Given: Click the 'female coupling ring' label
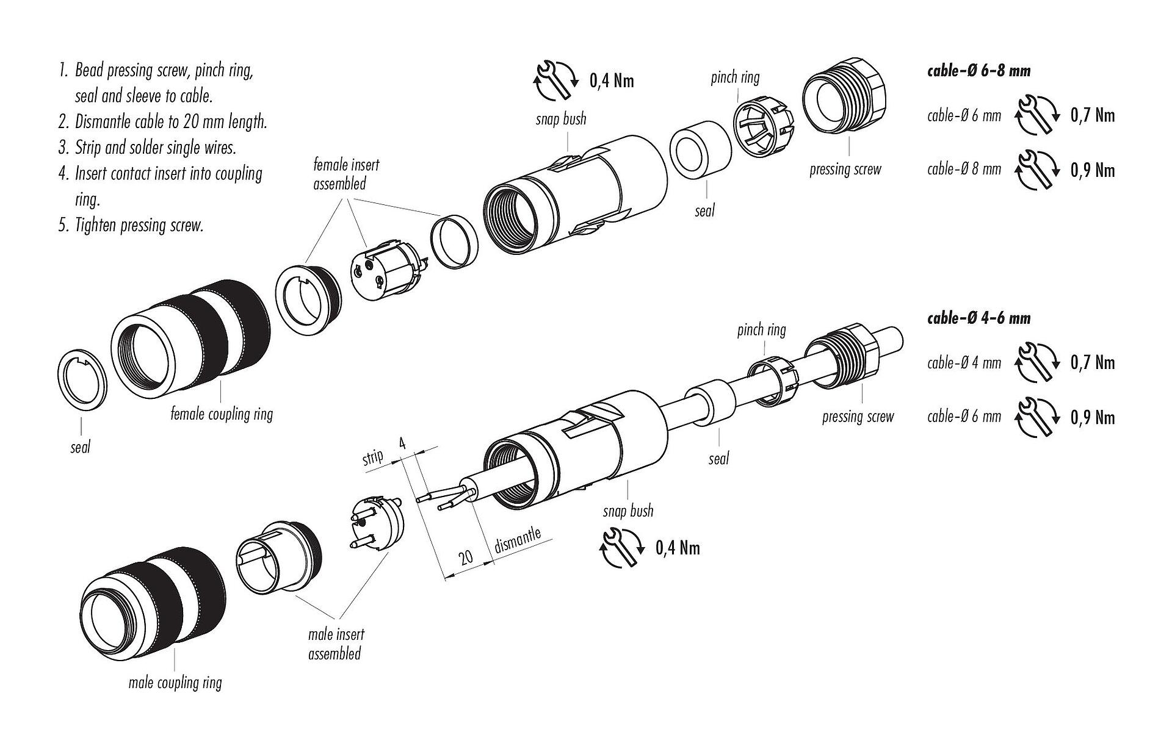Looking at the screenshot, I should click(222, 415).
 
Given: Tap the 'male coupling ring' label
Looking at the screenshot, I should click(175, 683).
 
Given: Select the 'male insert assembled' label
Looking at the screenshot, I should click(335, 644).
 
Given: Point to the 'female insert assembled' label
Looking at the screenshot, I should click(345, 174).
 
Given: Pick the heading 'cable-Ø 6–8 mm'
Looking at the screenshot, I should click(978, 71).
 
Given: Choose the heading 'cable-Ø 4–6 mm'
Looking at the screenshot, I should click(978, 318).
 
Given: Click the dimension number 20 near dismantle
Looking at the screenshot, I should click(466, 557).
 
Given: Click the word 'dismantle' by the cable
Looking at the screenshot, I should click(517, 541).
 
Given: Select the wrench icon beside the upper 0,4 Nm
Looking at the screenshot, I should click(556, 80).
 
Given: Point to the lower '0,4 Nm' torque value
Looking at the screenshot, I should click(678, 548).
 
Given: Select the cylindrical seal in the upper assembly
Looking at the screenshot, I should click(700, 150).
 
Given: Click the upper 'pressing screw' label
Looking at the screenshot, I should click(845, 170).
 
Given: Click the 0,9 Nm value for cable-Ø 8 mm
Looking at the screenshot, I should click(1092, 170).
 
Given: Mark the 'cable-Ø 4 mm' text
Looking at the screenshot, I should click(964, 363).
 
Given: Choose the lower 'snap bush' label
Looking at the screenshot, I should click(628, 510).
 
